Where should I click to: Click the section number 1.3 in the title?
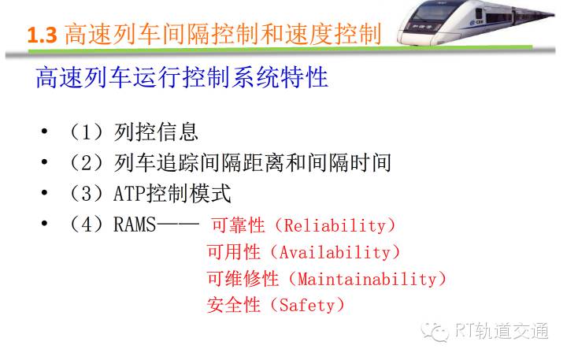pyautogui.click(x=43, y=35)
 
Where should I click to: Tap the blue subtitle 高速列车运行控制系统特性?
pyautogui.click(x=182, y=77)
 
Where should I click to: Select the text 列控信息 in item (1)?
pyautogui.click(x=156, y=132)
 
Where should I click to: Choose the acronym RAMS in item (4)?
pyautogui.click(x=135, y=225)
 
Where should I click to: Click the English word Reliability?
pyautogui.click(x=335, y=225)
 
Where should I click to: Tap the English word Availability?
pyautogui.click(x=335, y=252)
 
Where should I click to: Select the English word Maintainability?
pyautogui.click(x=367, y=279)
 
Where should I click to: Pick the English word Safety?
pyautogui.click(x=307, y=306)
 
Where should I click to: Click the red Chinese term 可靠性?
pyautogui.click(x=239, y=225)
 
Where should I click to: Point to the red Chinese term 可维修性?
pyautogui.click(x=243, y=279)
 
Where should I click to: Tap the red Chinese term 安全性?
pyautogui.click(x=234, y=305)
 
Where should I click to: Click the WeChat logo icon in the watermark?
pyautogui.click(x=435, y=332)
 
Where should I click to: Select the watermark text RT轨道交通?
pyautogui.click(x=502, y=330)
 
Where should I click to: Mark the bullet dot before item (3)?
pyautogui.click(x=44, y=193)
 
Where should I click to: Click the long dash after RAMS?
pyautogui.click(x=178, y=225)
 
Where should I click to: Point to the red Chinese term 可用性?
pyautogui.click(x=234, y=252)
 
